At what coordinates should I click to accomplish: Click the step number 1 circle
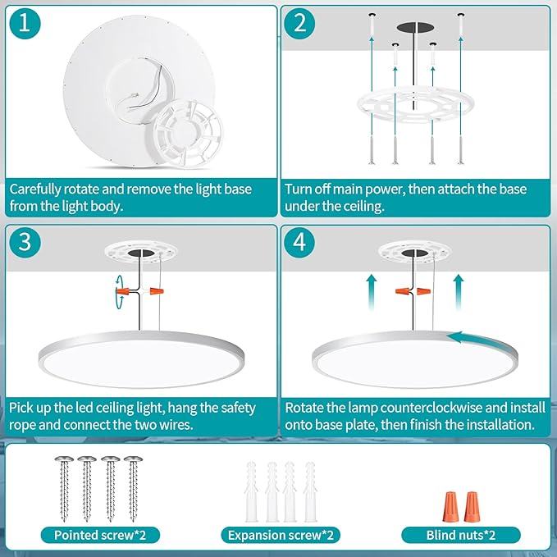coord(25,24)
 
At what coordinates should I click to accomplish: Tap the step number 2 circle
coord(299,24)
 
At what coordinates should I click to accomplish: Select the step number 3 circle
coord(25,243)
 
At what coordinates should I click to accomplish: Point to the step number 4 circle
coord(299,243)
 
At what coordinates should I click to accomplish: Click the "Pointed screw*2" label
coord(100,535)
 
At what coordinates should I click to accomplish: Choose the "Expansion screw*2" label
coord(281,535)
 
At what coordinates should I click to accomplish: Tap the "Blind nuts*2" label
coord(461,535)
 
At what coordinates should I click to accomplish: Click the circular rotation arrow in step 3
coord(118,291)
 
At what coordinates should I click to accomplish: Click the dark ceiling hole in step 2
coord(415,27)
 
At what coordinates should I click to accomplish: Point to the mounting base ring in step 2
coord(411,106)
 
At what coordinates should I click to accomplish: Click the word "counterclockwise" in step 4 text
coord(431,408)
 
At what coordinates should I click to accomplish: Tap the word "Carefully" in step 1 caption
coord(34,189)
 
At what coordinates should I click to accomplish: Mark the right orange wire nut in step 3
coord(157,291)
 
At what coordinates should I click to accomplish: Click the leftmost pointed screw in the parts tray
coord(64,488)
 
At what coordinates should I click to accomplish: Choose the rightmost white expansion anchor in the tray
coord(310,491)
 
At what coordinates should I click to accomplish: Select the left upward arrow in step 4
coord(372,292)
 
